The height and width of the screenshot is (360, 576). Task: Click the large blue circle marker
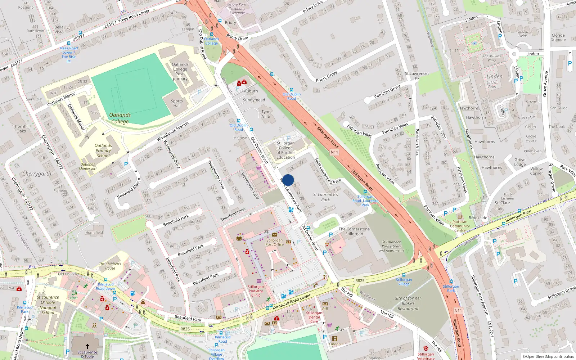point(288,180)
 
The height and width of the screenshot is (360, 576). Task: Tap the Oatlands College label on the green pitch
point(120,118)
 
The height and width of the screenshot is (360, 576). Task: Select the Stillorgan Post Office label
point(275,242)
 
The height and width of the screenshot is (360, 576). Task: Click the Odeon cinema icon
point(335,338)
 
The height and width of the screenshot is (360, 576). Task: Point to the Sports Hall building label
point(177,103)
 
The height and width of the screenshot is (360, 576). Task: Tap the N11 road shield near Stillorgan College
point(334,152)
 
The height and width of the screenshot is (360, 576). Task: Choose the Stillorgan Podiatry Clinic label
point(256,291)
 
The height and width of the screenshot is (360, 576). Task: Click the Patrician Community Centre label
point(460,226)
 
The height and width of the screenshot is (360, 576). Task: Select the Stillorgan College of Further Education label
point(286,150)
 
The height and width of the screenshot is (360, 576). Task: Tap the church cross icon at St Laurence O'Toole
point(87,346)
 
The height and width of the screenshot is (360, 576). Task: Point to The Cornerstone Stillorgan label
point(354,231)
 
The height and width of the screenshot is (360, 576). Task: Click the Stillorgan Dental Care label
point(314,317)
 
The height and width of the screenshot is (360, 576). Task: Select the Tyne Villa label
point(266,114)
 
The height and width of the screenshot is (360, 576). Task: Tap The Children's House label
point(110,266)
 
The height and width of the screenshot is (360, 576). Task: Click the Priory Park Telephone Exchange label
point(237,9)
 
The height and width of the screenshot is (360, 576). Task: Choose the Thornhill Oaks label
point(21,129)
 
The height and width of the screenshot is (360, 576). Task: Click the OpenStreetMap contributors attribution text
point(548,356)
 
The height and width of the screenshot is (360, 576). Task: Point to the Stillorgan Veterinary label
point(426,356)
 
